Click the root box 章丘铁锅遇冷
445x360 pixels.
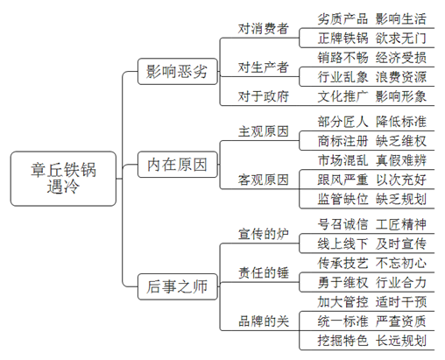coord(63,179)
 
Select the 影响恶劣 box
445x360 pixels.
coord(178,72)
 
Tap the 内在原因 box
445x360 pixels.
coord(178,165)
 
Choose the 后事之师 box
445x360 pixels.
coord(178,286)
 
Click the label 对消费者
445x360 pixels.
coord(264,29)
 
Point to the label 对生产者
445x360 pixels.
coord(264,67)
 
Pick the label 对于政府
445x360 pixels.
coord(264,96)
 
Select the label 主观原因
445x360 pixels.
coord(264,131)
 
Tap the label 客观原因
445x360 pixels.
coord(264,180)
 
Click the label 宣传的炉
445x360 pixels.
coord(264,234)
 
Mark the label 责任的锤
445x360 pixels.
coord(264,273)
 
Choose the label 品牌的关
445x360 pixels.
coord(264,321)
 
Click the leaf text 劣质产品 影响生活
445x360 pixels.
coord(372,19)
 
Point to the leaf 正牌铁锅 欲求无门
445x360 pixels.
coord(372,39)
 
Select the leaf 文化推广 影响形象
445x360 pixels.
coord(372,96)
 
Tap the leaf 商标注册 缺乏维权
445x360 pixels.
coord(372,141)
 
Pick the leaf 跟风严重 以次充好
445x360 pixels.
coord(372,180)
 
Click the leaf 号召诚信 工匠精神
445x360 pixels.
coord(372,224)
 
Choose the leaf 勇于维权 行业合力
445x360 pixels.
coord(372,282)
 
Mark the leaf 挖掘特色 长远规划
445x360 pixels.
coord(372,341)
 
